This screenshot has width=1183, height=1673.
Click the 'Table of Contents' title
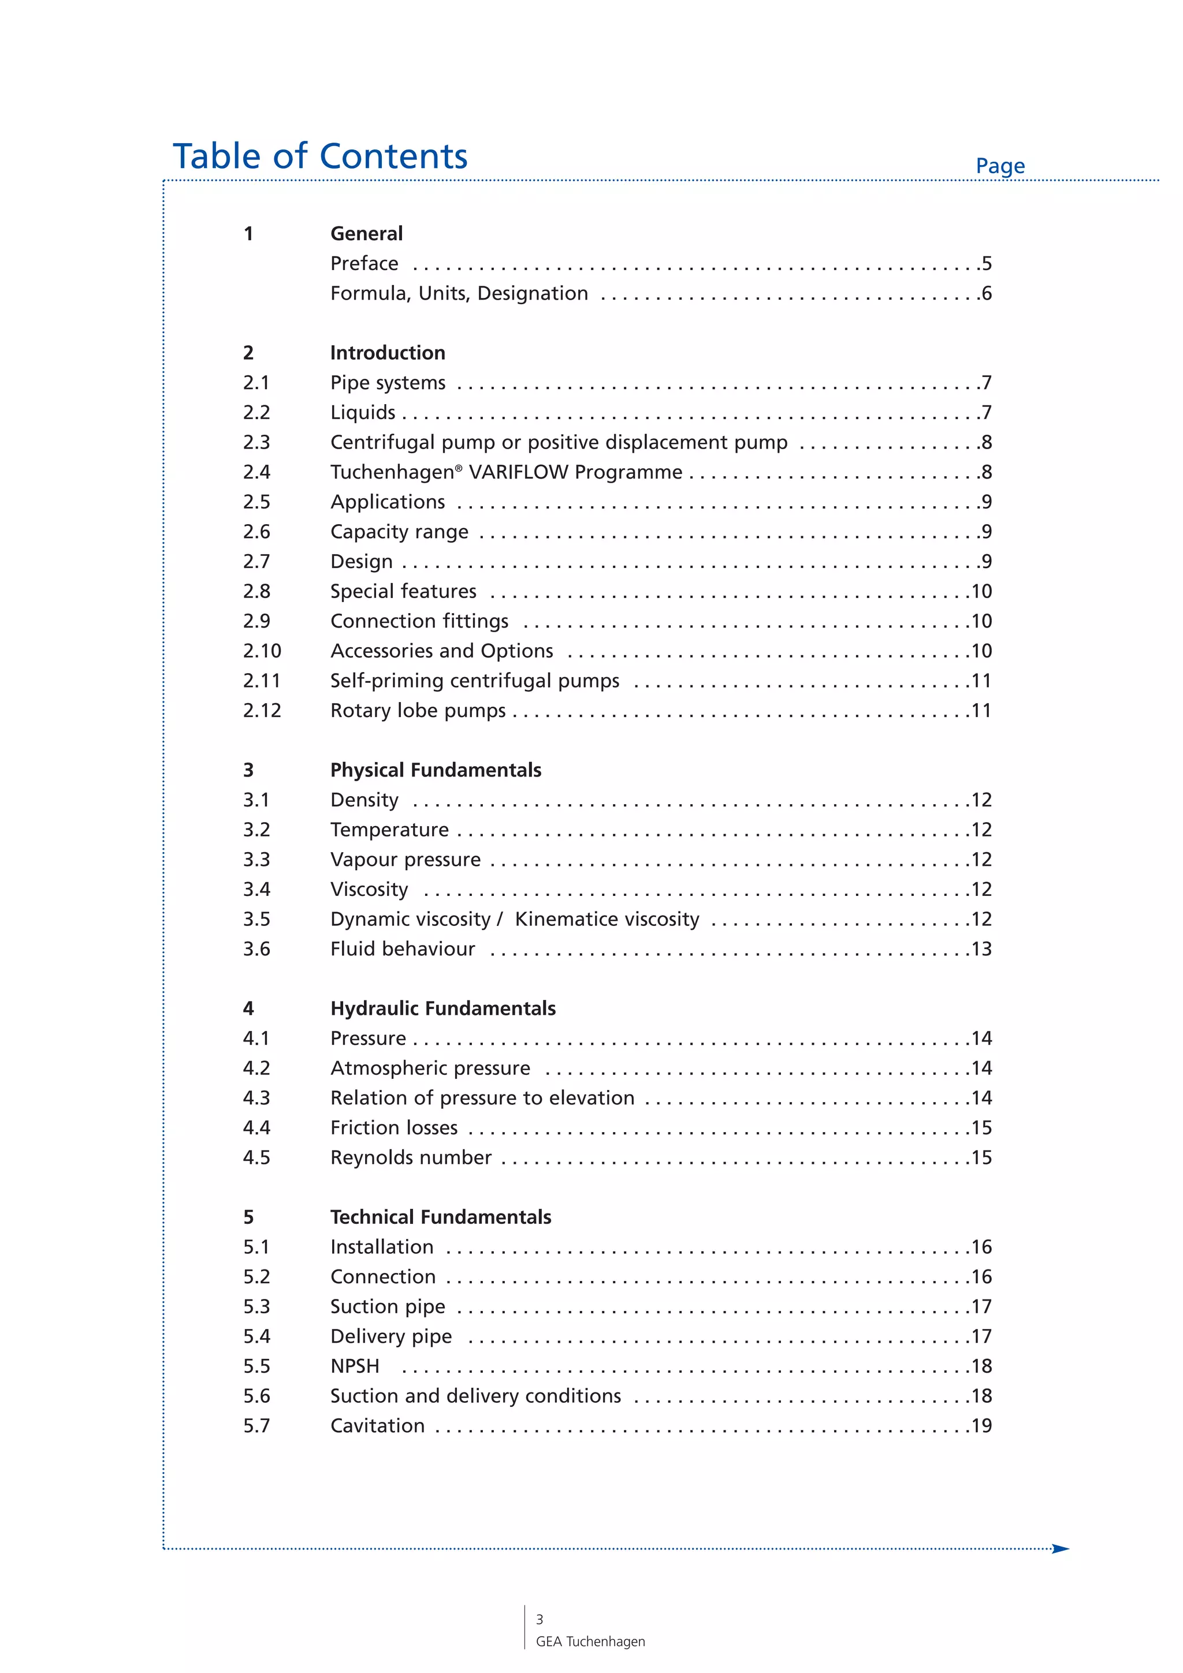point(319,156)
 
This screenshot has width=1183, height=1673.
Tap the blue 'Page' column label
point(999,166)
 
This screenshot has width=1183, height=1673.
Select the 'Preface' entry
point(364,263)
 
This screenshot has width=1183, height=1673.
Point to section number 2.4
point(256,472)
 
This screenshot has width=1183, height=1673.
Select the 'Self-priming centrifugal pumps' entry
point(474,681)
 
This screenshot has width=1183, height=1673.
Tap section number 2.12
point(262,711)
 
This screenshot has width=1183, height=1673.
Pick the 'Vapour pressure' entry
point(406,860)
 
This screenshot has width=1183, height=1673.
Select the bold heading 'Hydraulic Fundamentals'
point(442,1009)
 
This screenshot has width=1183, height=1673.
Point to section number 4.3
point(256,1098)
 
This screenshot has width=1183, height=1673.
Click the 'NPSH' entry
point(355,1366)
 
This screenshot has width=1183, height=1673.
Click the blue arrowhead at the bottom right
point(1061,1548)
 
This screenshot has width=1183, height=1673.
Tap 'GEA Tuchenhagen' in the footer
point(590,1642)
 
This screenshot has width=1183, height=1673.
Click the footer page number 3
point(540,1619)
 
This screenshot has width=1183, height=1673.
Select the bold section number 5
point(248,1218)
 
